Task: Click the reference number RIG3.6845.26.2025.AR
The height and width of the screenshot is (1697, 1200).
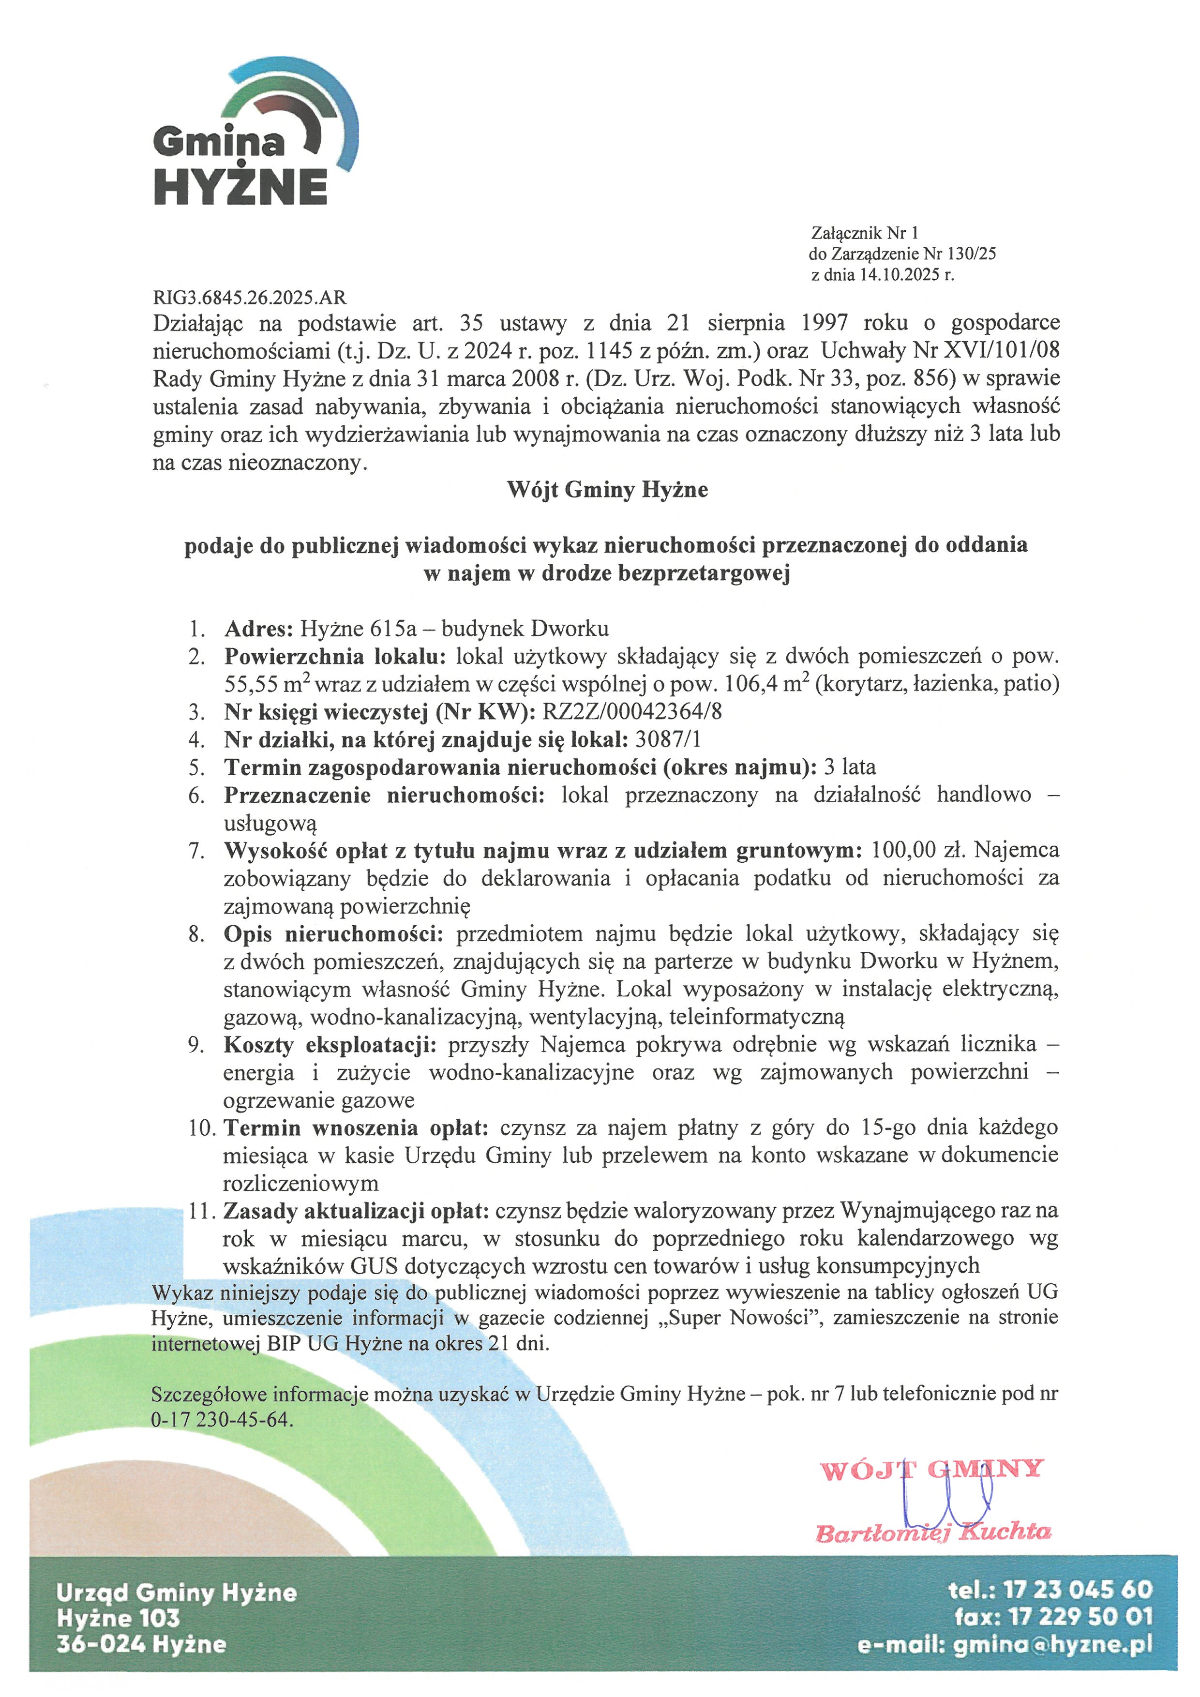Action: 249,298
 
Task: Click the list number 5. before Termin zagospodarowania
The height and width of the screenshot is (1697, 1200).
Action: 196,767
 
